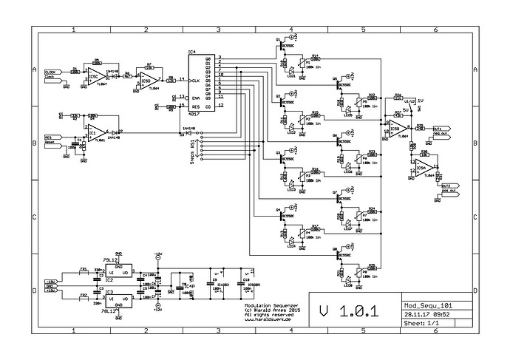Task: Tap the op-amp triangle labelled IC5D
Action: click(x=146, y=77)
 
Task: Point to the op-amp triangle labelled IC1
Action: click(x=93, y=133)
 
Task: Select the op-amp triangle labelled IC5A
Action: click(x=422, y=167)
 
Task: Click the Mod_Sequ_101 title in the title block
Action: click(x=429, y=304)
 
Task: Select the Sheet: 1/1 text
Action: click(x=421, y=323)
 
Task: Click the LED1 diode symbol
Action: click(x=292, y=72)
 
